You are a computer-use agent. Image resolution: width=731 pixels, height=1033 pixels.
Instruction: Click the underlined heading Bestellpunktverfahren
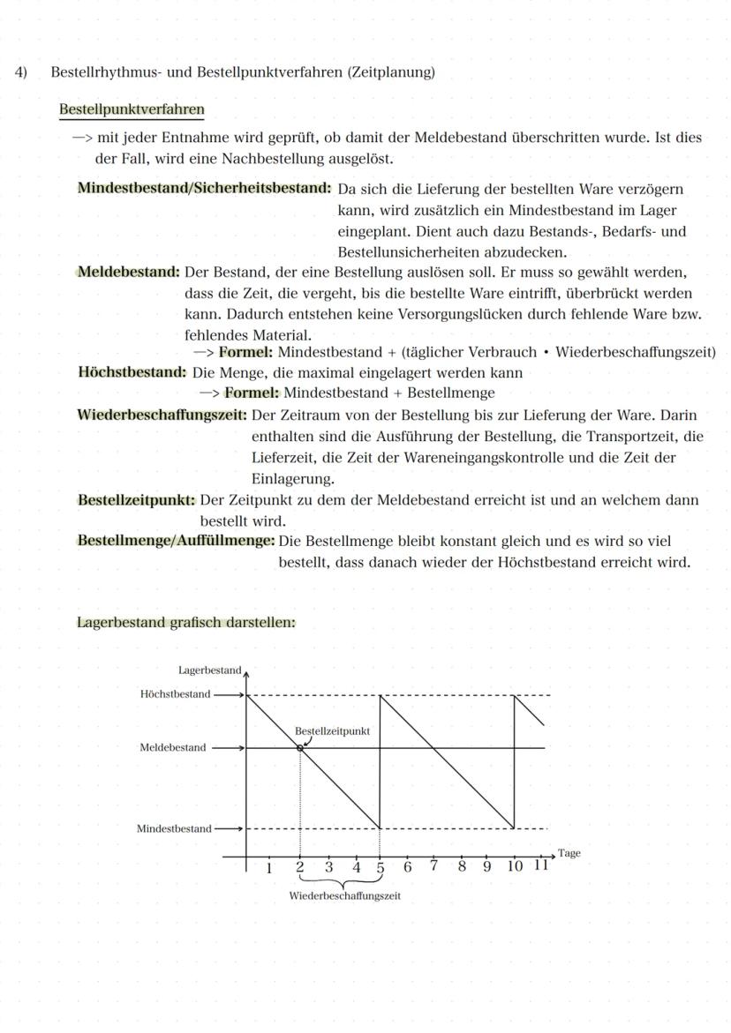coord(132,110)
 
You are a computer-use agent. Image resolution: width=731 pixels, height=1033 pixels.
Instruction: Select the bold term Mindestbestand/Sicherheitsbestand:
coord(204,189)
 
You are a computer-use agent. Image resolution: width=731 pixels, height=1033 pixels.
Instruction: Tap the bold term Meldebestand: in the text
coord(129,272)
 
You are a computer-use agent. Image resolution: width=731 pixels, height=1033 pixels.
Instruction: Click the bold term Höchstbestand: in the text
coord(132,372)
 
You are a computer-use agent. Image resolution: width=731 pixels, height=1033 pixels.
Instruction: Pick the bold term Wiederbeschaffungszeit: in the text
coord(162,415)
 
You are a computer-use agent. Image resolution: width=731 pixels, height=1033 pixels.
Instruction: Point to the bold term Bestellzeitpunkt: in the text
coord(137,500)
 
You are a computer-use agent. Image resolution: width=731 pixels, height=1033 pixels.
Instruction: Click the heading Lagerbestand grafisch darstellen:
coord(186,623)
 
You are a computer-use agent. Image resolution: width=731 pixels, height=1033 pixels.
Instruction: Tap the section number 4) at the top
coord(20,72)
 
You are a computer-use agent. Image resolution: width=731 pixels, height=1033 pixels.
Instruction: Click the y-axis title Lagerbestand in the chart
coord(209,670)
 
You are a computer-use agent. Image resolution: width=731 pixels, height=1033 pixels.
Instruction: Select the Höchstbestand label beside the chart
coord(175,694)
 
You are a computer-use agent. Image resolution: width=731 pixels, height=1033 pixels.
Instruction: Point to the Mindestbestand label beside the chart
coord(174,828)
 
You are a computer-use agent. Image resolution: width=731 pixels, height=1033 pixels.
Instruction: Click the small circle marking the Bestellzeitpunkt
coord(300,748)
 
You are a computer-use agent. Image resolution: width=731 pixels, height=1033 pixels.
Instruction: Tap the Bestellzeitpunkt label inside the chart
coord(332,731)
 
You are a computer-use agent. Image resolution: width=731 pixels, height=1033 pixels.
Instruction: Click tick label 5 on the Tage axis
coord(381,867)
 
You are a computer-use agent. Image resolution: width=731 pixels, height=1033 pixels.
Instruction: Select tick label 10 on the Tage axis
coord(516,866)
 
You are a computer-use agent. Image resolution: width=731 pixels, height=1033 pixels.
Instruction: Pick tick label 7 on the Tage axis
coord(434,865)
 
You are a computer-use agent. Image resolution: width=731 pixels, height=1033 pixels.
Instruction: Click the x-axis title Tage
coord(569,853)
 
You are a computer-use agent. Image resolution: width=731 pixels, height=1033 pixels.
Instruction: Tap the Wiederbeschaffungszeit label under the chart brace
coord(344,895)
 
